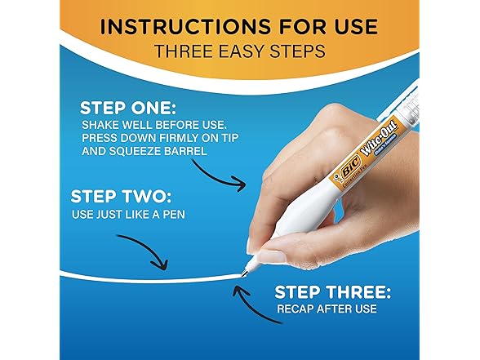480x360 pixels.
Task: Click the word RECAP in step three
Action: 296,309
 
